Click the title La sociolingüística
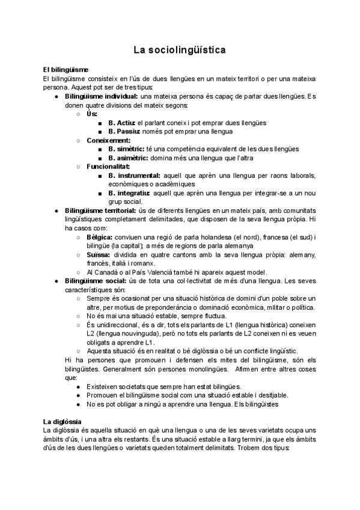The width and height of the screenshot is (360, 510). point(180,50)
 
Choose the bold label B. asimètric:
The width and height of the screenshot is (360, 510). point(129,158)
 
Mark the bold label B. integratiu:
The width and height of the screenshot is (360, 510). point(129,193)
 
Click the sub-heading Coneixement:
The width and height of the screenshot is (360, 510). point(108,140)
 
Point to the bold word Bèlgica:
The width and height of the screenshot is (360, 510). point(100,237)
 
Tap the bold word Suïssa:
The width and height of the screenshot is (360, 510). point(99,254)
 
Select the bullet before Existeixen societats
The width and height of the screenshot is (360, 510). point(79,386)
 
